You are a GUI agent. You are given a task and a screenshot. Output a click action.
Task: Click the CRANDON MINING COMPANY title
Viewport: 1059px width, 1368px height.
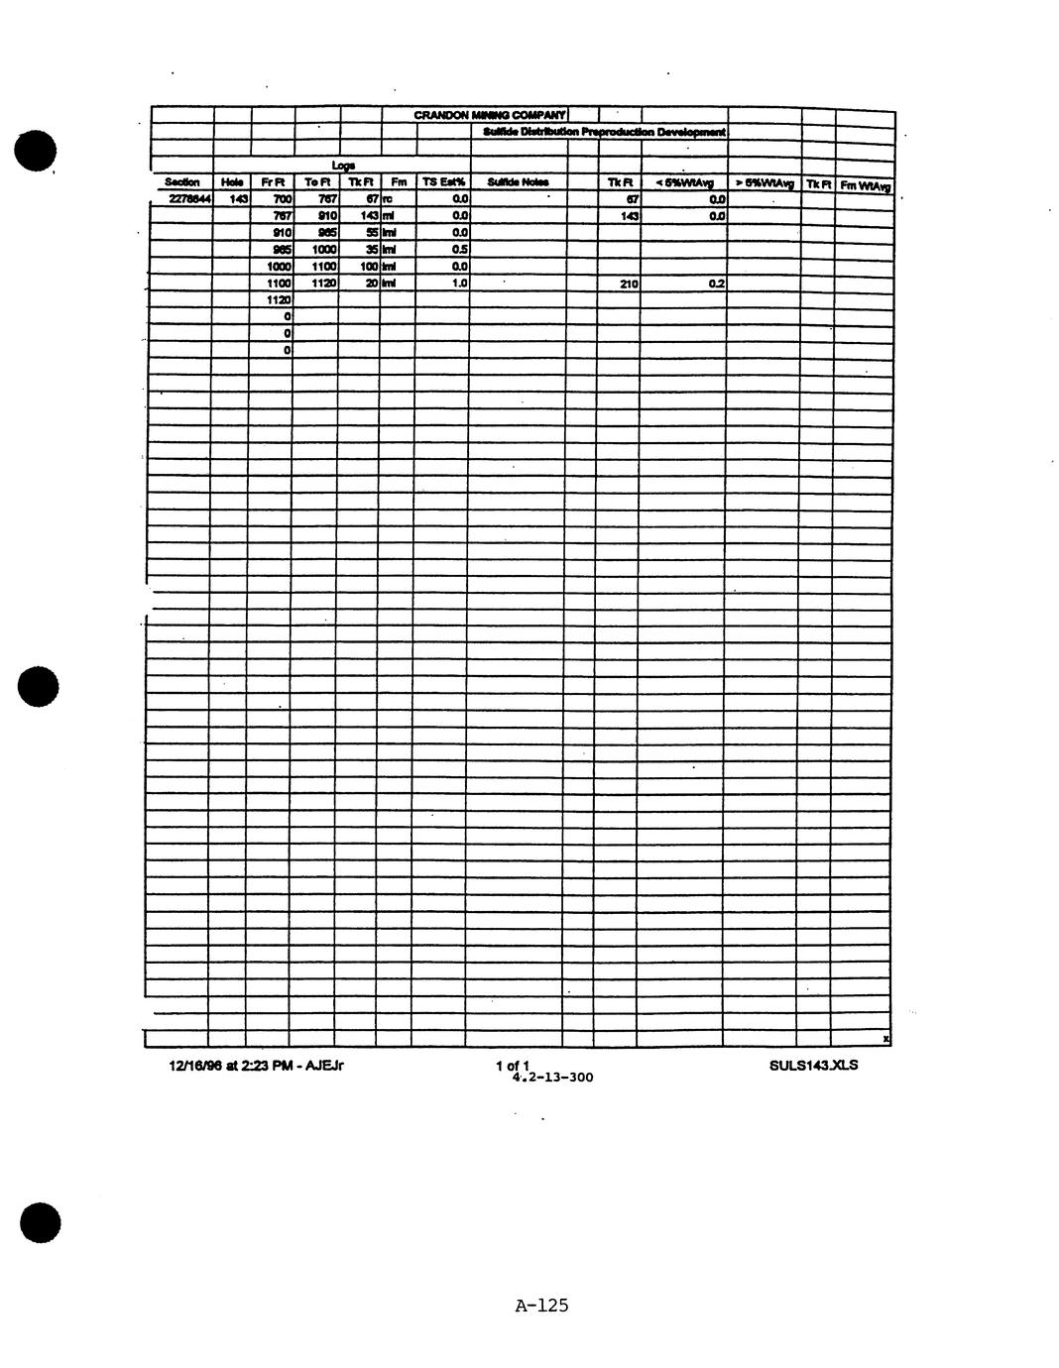coord(490,116)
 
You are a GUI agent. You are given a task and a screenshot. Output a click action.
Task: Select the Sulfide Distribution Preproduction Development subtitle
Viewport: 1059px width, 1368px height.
coord(605,132)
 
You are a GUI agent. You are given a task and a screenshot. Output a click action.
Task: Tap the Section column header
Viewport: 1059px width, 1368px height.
coord(181,182)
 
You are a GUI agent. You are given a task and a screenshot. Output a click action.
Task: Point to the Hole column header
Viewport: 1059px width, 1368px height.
coord(231,182)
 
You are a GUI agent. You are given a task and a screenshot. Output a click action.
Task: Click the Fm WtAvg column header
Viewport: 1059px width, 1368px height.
coord(865,185)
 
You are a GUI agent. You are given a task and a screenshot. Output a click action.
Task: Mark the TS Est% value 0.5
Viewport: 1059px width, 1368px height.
coord(459,249)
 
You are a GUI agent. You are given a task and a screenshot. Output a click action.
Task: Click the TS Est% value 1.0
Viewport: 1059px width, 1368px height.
coord(459,283)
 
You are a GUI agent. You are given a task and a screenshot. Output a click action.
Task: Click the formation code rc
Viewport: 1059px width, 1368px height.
coord(388,199)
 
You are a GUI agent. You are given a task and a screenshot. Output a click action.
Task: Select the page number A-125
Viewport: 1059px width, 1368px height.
coord(541,1306)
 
